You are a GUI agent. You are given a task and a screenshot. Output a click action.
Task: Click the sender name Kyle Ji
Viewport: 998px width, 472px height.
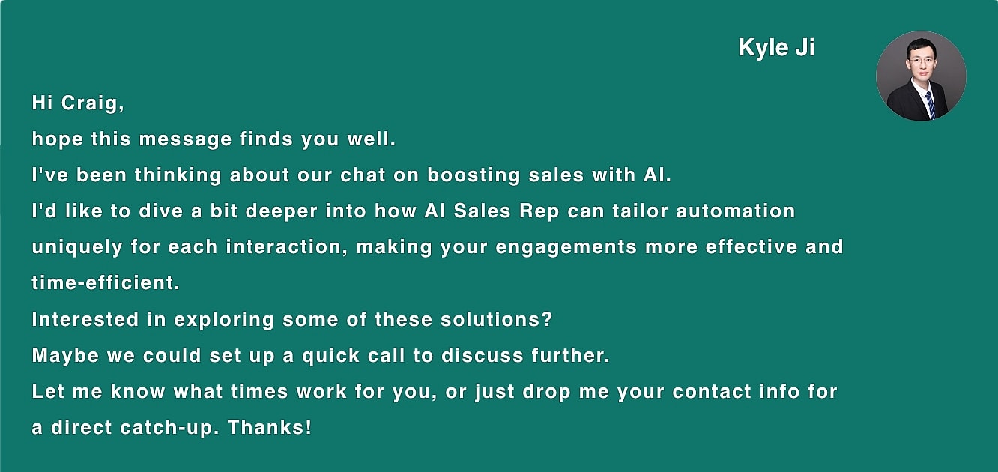point(776,48)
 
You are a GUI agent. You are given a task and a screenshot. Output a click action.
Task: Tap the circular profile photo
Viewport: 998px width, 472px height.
point(921,76)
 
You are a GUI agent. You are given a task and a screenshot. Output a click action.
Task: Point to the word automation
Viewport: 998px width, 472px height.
point(736,211)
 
